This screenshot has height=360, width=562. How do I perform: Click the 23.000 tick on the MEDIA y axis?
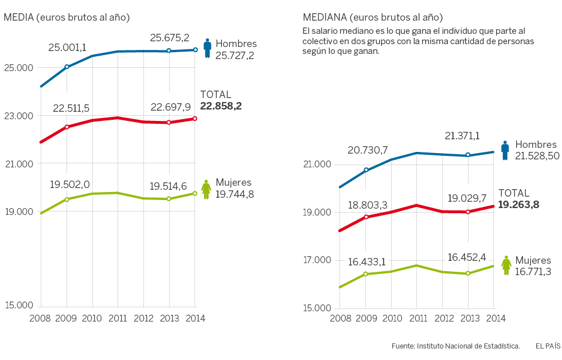[19, 116]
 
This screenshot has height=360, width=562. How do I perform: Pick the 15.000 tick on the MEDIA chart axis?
[19, 305]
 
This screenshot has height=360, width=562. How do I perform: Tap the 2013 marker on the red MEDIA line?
[169, 122]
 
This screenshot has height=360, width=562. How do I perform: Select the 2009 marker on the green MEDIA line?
[67, 199]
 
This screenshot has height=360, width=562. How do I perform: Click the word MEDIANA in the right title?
[323, 18]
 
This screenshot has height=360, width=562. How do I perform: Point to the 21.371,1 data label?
[462, 136]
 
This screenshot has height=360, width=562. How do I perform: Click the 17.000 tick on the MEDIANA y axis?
[317, 260]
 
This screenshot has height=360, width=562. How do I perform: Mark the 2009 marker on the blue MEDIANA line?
[366, 170]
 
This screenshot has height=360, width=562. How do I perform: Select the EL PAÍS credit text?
[548, 346]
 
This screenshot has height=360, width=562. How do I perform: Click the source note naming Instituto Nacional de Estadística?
[455, 346]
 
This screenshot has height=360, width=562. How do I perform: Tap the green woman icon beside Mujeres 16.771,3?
[506, 265]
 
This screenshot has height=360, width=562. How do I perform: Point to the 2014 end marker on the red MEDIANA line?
[493, 206]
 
